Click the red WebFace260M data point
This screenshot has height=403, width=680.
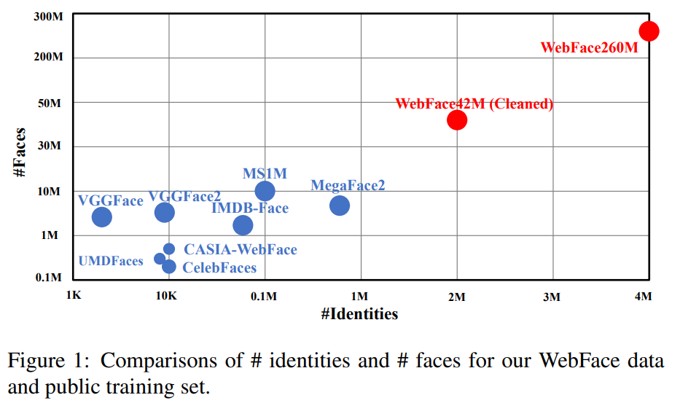[x=648, y=31]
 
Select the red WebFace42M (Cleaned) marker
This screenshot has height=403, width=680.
[x=456, y=120]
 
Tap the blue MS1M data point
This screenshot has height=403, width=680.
[x=265, y=191]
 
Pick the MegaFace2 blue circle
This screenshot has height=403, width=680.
[x=340, y=206]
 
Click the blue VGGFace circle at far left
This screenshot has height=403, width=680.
[x=102, y=216]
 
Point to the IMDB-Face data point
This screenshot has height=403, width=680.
[x=243, y=225]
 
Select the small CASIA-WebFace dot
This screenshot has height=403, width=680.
[x=169, y=249]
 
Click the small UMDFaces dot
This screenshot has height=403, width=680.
[x=160, y=259]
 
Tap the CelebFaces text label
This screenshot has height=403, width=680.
[x=219, y=268]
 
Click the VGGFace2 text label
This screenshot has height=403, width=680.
[x=184, y=197]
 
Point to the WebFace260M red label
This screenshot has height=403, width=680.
[x=589, y=48]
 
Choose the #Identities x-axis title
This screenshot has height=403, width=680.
[x=359, y=315]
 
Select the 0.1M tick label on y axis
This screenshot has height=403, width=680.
[x=48, y=278]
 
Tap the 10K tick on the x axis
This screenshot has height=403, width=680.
[x=166, y=296]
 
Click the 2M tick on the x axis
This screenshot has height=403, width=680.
[x=456, y=296]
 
